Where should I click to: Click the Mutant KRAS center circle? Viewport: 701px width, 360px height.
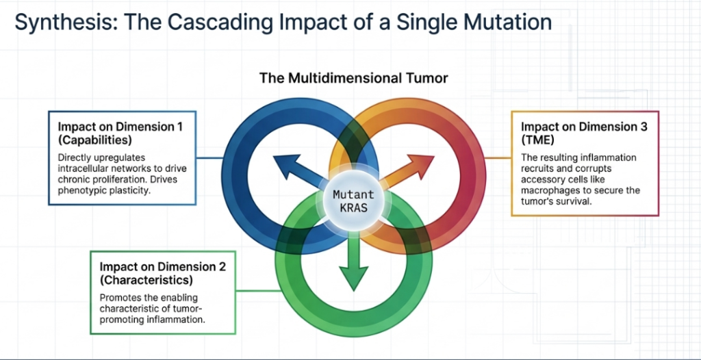pos(354,201)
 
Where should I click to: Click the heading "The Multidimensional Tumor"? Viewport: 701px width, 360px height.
pos(354,78)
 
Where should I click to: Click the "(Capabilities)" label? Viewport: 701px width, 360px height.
pos(94,140)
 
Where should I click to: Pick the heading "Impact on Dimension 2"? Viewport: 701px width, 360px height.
pos(163,267)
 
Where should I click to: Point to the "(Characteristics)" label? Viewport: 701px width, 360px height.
pos(146,281)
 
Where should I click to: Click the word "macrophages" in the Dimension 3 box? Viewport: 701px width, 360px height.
pos(548,190)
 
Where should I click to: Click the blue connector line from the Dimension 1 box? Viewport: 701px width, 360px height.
pos(209,158)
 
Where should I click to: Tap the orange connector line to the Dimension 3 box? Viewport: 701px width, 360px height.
pos(498,158)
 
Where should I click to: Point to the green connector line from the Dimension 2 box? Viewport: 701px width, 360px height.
pos(257,291)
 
